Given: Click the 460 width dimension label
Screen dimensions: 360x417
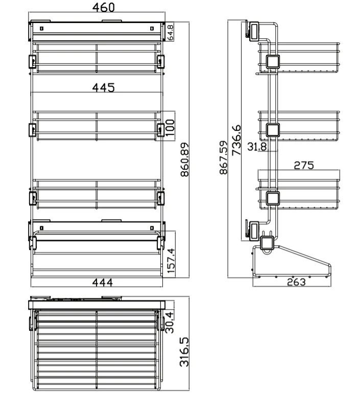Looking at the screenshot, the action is click(x=103, y=7).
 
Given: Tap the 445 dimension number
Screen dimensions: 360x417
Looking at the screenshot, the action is click(x=103, y=87).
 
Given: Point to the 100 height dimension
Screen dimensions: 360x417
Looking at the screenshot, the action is click(x=170, y=128).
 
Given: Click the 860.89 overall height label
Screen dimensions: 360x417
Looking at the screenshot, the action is click(x=185, y=159).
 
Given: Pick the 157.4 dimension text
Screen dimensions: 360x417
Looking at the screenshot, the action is click(x=171, y=261).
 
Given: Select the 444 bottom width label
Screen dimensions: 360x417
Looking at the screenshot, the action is click(x=102, y=283).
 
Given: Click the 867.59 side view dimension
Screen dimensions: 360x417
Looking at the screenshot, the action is click(x=224, y=157).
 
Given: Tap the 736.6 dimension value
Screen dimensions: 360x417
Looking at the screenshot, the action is click(x=236, y=140).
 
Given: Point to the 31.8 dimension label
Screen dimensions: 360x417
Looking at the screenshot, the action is click(x=257, y=146).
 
